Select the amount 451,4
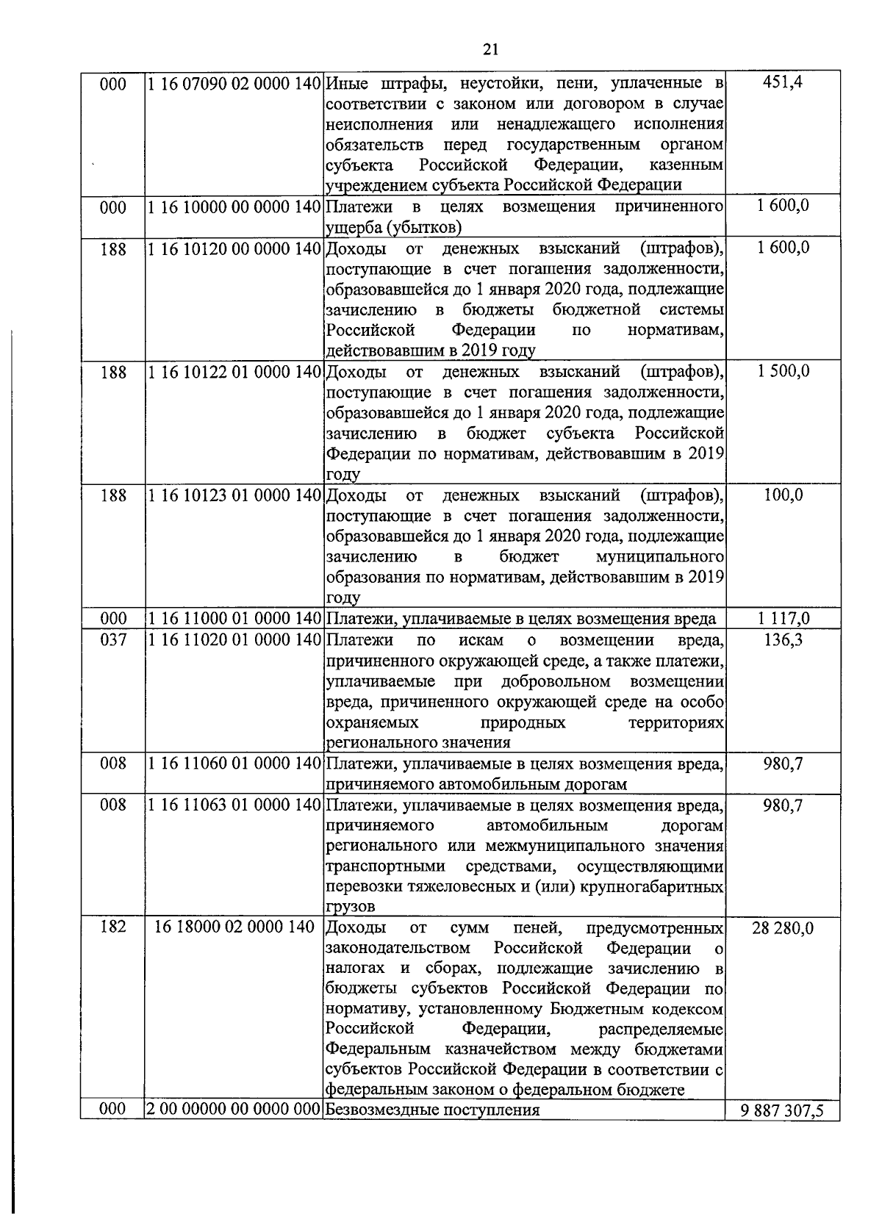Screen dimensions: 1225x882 tap(783, 82)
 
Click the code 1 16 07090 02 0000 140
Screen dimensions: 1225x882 tap(234, 83)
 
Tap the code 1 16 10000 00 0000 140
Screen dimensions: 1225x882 tap(234, 206)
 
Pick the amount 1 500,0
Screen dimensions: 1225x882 tap(783, 372)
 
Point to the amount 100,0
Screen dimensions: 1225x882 tap(783, 495)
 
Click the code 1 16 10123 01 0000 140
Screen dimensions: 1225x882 tap(234, 495)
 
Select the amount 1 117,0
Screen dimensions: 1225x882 tap(783, 619)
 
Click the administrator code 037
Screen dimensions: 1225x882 tap(112, 640)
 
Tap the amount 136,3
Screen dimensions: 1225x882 tap(783, 640)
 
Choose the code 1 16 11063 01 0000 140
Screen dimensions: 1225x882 tap(234, 805)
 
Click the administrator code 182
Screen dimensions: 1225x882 tap(112, 927)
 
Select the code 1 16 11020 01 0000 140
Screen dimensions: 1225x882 tap(234, 640)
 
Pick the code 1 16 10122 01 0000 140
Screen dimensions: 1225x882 tap(234, 372)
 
